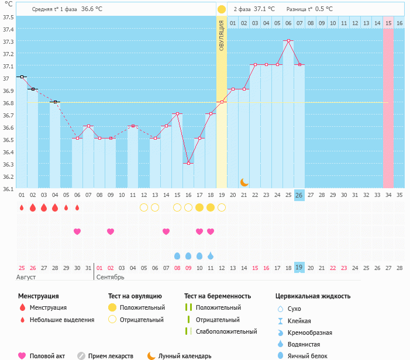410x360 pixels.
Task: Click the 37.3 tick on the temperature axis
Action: click(8, 42)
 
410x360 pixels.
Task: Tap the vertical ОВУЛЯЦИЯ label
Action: click(222, 35)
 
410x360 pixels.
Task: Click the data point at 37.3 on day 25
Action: click(288, 41)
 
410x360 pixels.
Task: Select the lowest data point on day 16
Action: click(188, 163)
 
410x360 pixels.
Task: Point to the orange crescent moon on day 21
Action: click(244, 182)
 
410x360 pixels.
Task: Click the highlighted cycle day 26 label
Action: click(299, 195)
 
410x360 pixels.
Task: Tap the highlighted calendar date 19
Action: click(299, 267)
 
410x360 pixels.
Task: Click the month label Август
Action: click(27, 277)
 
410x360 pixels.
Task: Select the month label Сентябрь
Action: click(109, 277)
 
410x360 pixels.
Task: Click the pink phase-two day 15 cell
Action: click(388, 23)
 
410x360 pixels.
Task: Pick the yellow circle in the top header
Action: click(222, 9)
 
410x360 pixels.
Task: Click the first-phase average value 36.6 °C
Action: click(92, 9)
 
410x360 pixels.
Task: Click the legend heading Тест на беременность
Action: click(218, 296)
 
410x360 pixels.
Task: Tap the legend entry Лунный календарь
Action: click(185, 355)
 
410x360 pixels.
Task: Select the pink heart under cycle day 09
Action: click(111, 231)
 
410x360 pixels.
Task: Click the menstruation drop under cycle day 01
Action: click(22, 207)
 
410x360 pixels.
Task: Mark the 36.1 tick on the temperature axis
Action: click(8, 189)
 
